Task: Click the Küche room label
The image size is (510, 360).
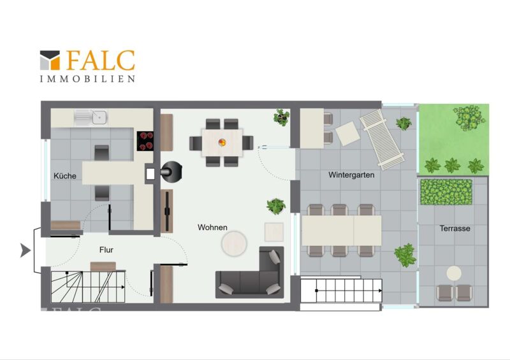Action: point(65,176)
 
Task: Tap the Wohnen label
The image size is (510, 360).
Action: point(212,227)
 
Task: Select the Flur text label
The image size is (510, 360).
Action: point(106,250)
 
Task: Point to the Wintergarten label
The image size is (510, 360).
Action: point(351,175)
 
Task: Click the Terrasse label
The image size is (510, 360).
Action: point(455,228)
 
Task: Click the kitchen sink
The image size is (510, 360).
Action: point(91,117)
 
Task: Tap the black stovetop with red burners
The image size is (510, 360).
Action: point(145,141)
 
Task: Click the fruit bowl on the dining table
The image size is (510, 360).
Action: point(222,142)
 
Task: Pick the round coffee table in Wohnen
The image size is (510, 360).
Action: point(234,243)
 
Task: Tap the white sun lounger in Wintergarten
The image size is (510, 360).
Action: point(382,140)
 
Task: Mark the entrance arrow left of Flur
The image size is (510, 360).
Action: point(25,250)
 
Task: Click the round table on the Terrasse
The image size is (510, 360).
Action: point(454,273)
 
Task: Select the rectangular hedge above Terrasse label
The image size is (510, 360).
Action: point(446,192)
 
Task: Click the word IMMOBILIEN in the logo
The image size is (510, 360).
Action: point(87,79)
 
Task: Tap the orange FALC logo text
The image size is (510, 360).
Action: point(101,61)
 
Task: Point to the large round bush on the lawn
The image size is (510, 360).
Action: point(469,117)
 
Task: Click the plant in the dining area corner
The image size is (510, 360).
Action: point(281,117)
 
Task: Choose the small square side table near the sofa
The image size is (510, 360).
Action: point(274,232)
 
